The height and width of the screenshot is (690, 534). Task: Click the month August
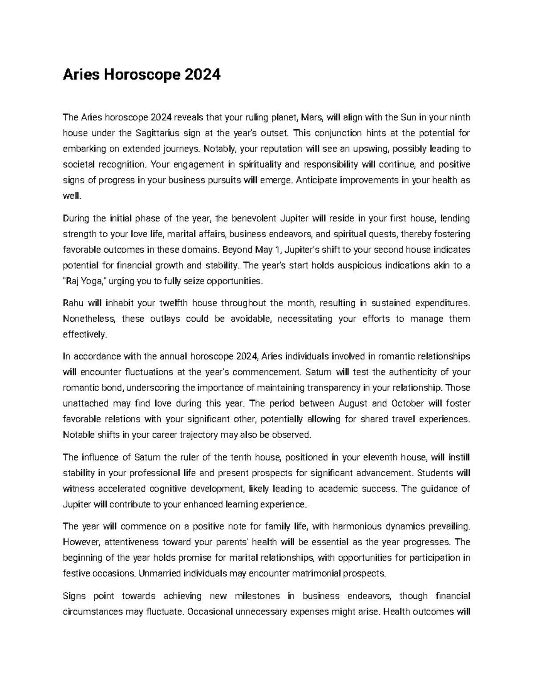click(x=353, y=403)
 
